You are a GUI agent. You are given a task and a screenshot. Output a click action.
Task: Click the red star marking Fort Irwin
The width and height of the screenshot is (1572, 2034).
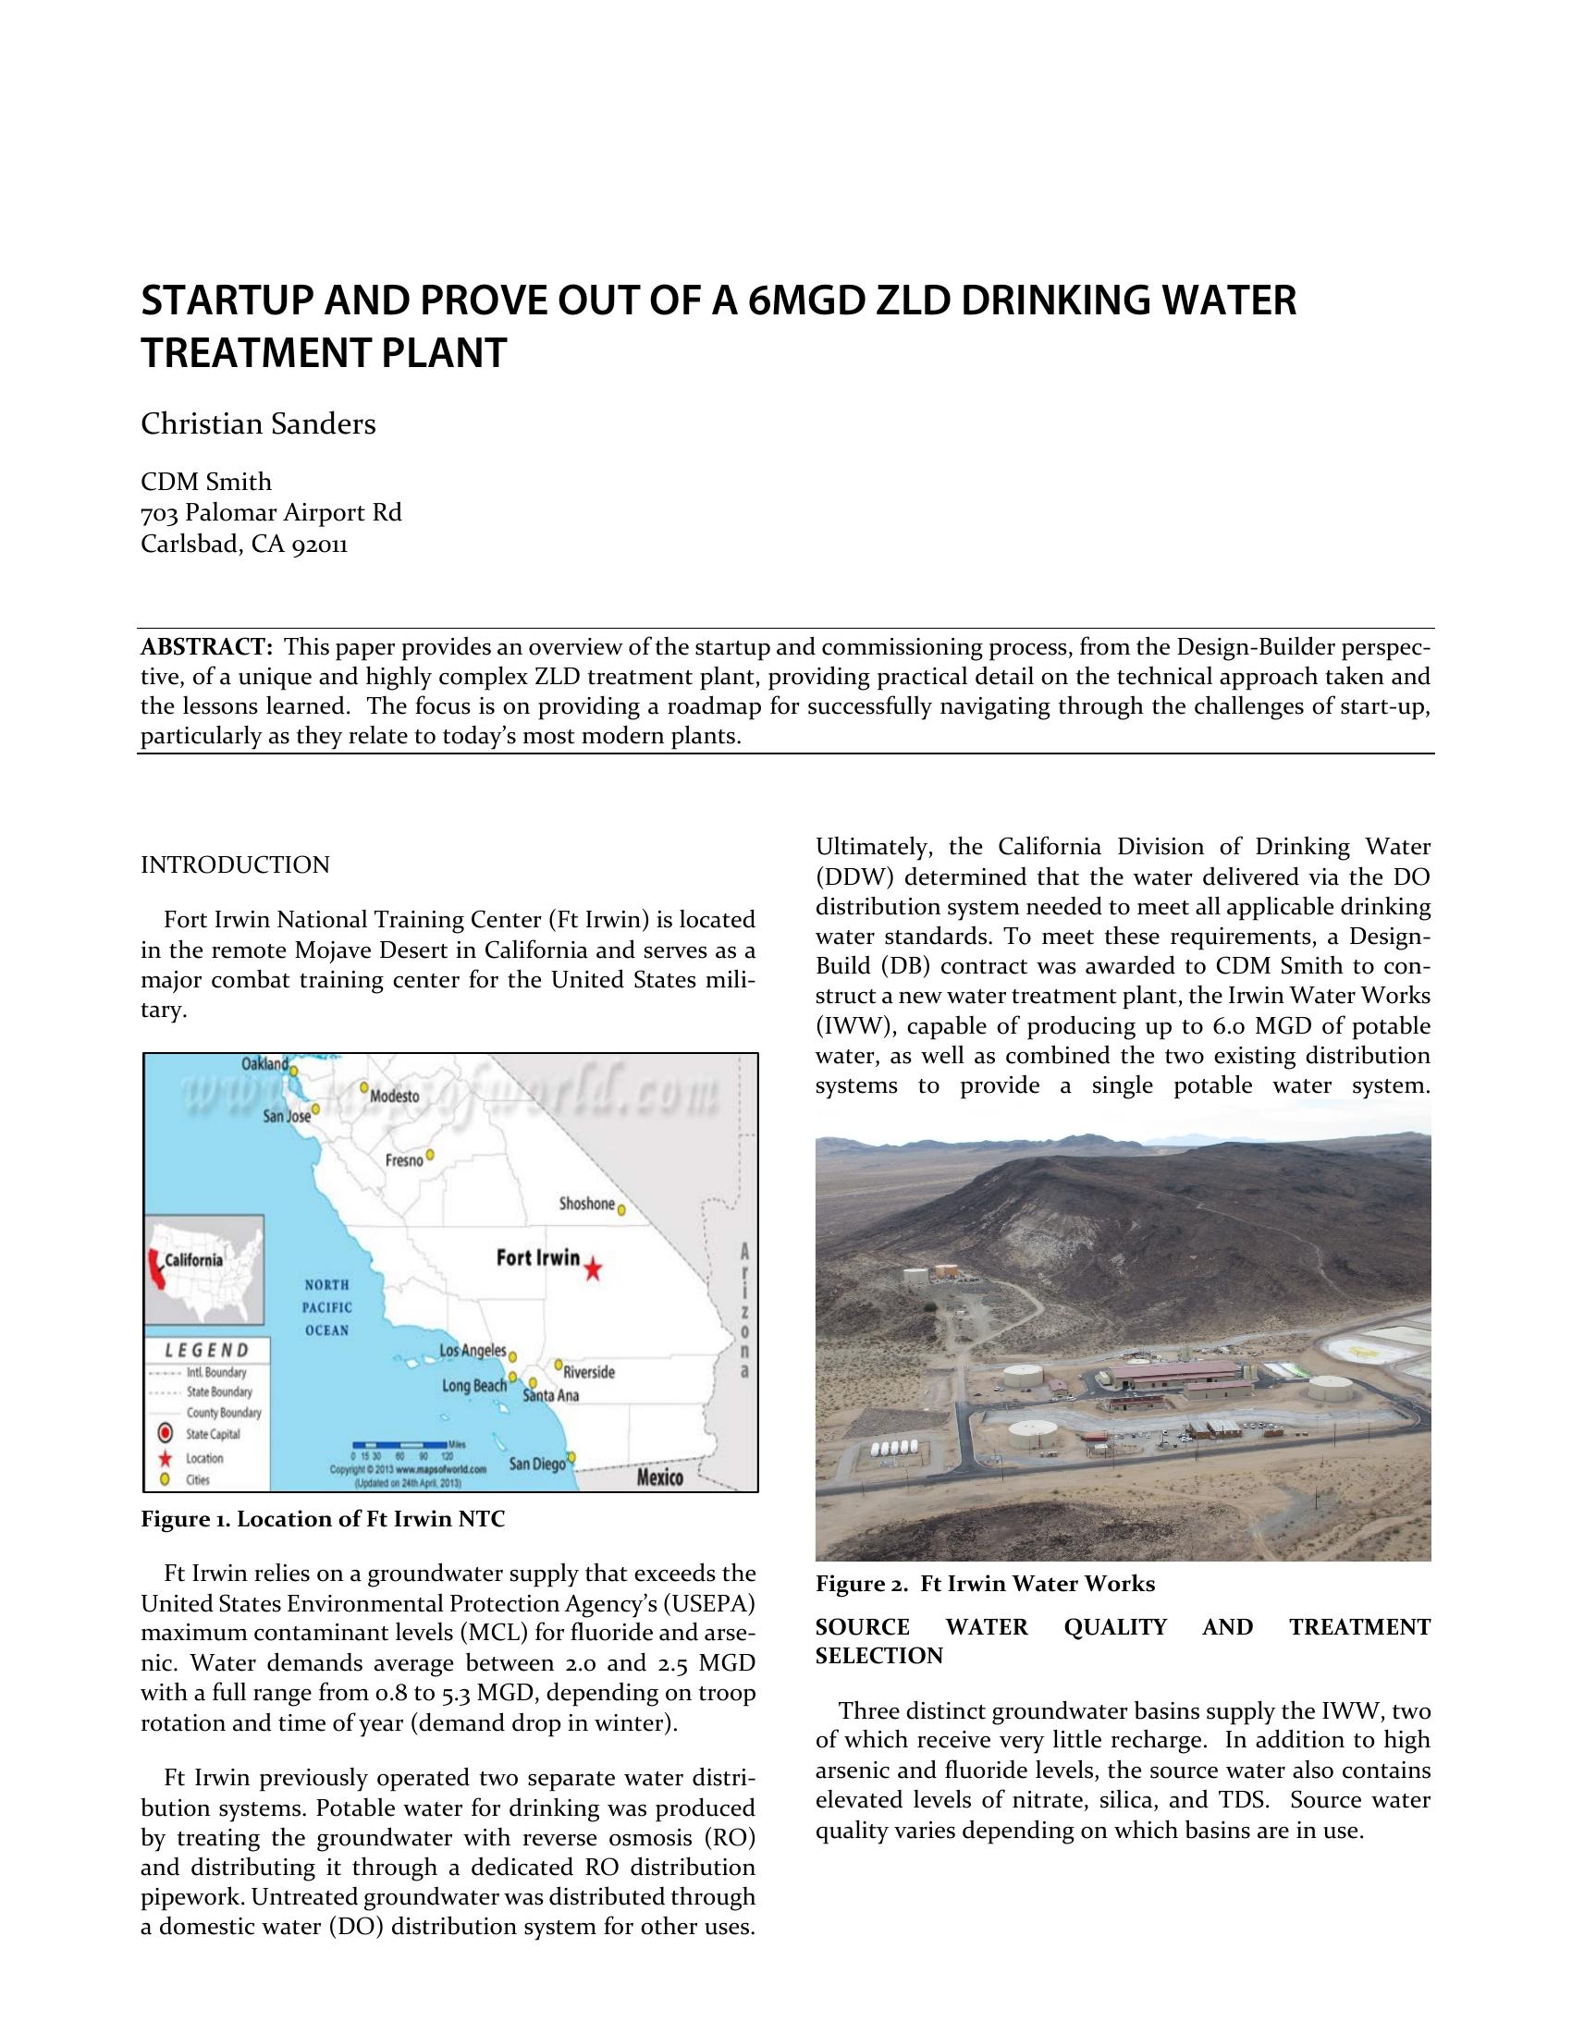pos(594,1268)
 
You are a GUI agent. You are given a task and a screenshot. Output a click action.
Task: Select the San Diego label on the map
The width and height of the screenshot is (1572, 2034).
pos(537,1464)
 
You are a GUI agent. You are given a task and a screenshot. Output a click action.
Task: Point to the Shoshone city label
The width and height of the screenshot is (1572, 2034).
pos(586,1204)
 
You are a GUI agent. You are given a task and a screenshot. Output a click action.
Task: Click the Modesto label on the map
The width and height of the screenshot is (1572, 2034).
pos(395,1097)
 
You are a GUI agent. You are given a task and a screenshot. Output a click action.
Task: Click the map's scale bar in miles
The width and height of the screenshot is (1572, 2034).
pos(401,1444)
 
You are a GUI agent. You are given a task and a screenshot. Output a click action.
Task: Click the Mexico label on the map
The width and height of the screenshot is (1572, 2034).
pos(659,1478)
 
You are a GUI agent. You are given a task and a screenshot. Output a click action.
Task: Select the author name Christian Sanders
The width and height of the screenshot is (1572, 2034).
pos(258,424)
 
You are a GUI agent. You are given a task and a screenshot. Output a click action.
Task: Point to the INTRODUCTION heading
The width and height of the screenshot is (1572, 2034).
pos(235,865)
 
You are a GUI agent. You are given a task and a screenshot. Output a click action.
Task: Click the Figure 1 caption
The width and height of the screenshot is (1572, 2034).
pos(322,1520)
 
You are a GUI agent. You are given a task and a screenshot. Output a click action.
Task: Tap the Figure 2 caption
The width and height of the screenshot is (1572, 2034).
pos(986,1584)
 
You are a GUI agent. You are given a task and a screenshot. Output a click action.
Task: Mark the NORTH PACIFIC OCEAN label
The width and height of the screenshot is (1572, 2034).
pos(326,1307)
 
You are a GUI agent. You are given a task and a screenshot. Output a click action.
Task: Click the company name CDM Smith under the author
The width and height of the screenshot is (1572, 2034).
pos(206,483)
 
